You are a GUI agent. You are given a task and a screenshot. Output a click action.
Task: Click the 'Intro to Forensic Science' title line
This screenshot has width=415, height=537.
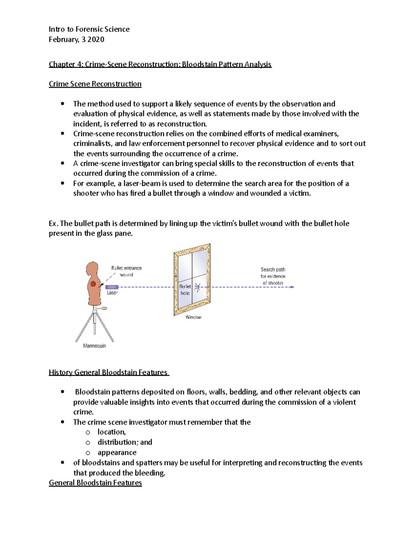[x=89, y=29]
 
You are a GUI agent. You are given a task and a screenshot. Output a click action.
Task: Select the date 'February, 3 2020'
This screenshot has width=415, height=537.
[x=76, y=39]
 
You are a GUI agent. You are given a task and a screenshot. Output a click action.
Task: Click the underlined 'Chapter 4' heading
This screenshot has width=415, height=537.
[x=160, y=64]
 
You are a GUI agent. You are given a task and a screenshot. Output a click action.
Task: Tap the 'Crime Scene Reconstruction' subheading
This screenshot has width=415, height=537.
[x=95, y=84]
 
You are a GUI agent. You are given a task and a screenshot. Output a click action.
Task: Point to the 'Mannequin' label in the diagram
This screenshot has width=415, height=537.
[x=94, y=346]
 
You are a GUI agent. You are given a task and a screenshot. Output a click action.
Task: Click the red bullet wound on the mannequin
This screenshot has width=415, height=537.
[x=93, y=284]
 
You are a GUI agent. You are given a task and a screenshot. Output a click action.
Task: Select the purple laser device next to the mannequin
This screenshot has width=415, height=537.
[x=112, y=287]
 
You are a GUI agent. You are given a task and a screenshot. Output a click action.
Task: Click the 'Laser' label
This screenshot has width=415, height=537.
[x=112, y=293]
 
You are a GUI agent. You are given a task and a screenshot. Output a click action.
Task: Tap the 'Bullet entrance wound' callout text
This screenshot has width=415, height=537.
[x=126, y=271]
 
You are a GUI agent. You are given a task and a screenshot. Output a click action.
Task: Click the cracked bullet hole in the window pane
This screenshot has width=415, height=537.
[x=197, y=287]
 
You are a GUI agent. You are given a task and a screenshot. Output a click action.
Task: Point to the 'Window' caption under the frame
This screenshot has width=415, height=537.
[x=193, y=317]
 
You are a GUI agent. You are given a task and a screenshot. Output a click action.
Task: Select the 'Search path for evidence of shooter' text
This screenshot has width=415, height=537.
[x=273, y=276]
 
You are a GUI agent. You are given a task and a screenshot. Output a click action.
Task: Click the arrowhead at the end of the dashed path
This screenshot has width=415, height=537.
[x=293, y=287]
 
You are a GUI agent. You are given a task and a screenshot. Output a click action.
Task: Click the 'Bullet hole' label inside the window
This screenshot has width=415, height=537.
[x=185, y=290]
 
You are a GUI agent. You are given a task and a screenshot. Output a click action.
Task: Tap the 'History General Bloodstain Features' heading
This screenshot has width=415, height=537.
[x=108, y=372]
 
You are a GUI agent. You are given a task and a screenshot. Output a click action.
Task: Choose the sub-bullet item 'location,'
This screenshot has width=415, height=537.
[x=111, y=432]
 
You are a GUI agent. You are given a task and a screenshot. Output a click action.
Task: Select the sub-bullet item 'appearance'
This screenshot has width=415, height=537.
[x=117, y=453]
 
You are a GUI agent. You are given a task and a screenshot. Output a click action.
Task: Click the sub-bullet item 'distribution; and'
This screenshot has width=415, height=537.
[x=124, y=442]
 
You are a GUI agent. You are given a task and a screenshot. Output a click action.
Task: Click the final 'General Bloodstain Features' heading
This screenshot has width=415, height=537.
[x=95, y=483]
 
